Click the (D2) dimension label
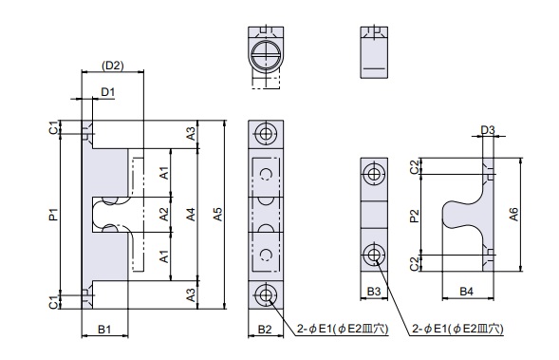click(112, 66)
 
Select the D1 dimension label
click(108, 92)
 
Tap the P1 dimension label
click(54, 215)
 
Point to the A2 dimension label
click(163, 215)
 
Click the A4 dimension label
click(191, 215)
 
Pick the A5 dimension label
click(217, 215)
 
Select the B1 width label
click(104, 330)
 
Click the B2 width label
click(265, 330)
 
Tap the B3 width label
click(374, 292)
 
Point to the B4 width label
click(466, 292)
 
